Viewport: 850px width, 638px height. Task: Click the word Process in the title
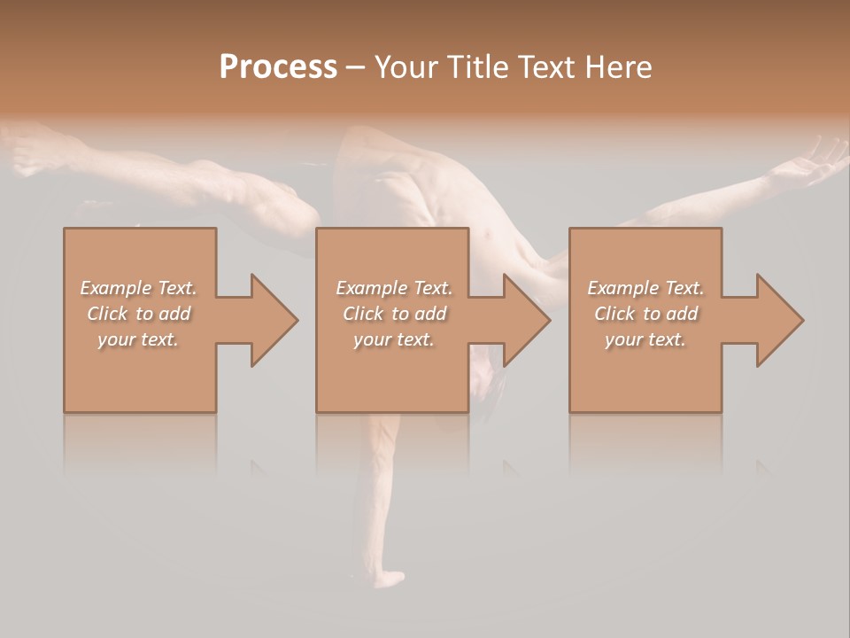click(x=278, y=66)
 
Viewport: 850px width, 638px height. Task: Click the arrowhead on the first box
click(x=271, y=320)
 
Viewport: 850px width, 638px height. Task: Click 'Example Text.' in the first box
click(x=139, y=288)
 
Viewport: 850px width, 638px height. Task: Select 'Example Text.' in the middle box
click(x=394, y=288)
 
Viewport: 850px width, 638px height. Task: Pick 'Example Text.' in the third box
click(x=645, y=288)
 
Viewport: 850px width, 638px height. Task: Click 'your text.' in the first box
click(x=139, y=339)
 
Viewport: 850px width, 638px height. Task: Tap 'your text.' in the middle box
click(x=394, y=339)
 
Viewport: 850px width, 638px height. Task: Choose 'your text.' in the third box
click(x=645, y=339)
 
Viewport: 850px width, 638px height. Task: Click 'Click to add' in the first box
click(x=139, y=314)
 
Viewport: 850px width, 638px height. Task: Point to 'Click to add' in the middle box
click(x=394, y=314)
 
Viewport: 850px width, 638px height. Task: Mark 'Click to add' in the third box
click(x=645, y=314)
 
